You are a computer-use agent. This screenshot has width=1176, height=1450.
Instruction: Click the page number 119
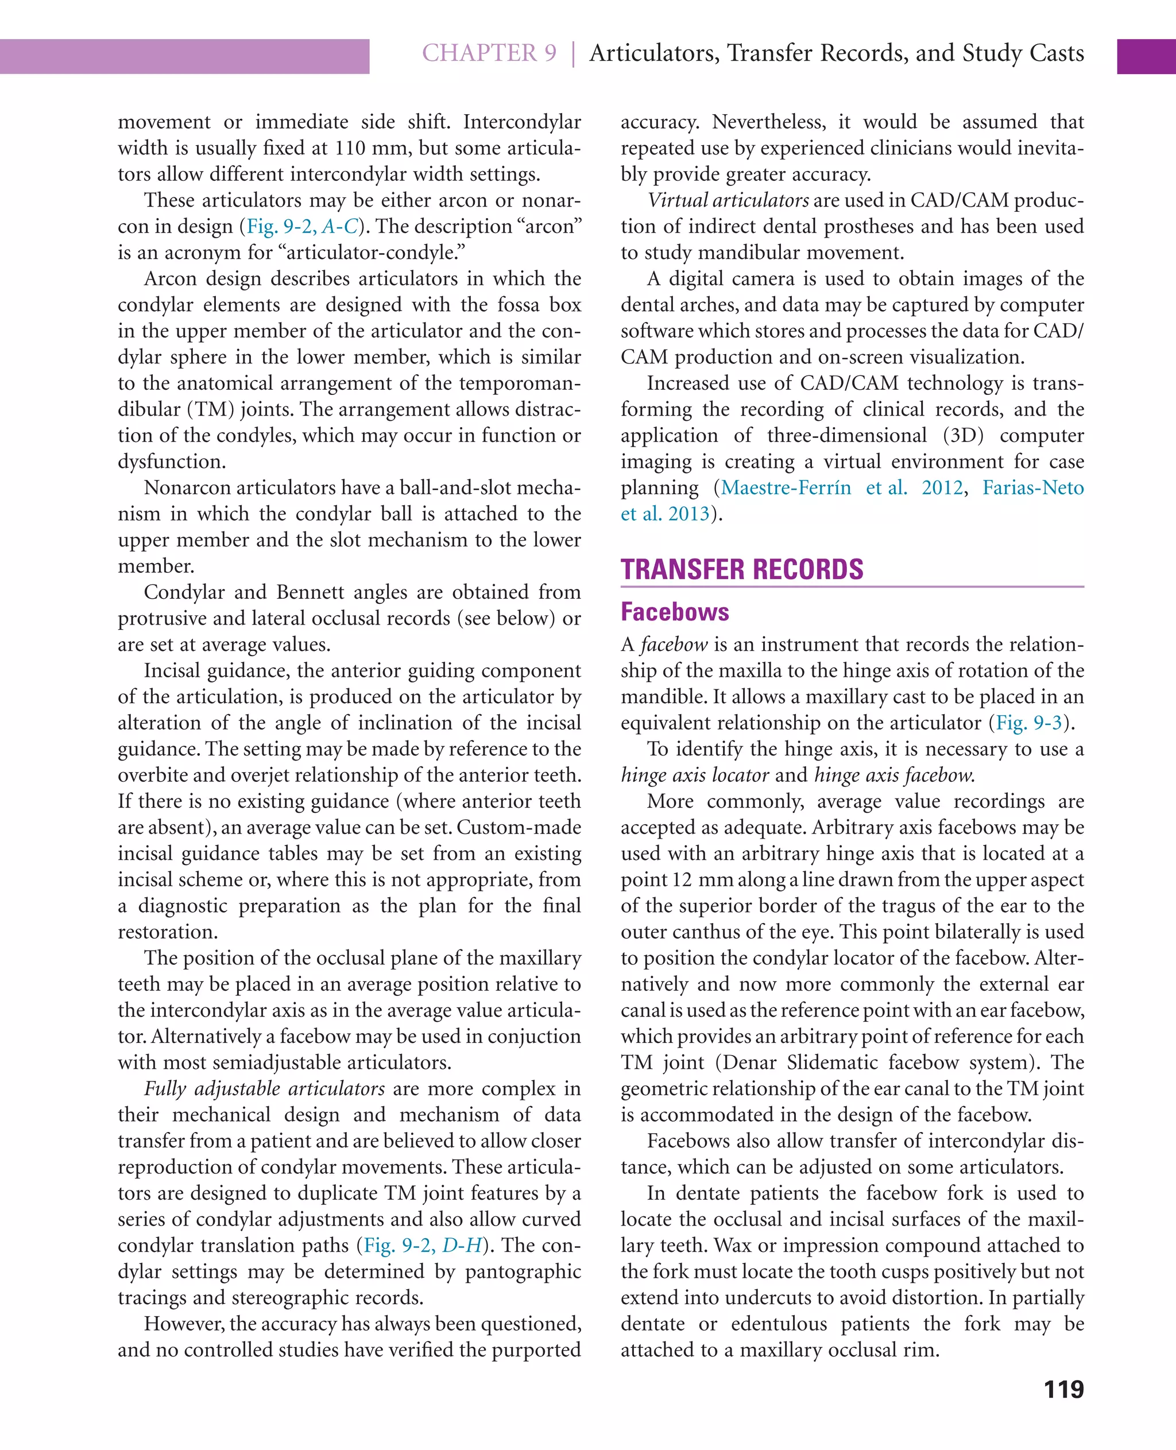coord(1063,1389)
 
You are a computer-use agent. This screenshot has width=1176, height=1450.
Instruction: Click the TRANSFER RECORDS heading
coord(742,569)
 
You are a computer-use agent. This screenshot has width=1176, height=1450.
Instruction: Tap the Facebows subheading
coord(675,611)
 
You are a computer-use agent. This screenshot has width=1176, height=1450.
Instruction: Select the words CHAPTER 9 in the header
coord(489,53)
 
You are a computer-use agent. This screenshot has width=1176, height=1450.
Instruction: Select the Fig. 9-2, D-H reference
coord(423,1245)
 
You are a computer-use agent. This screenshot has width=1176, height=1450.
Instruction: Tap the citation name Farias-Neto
coord(1032,487)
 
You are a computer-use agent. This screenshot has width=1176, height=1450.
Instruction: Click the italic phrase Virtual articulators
coord(728,200)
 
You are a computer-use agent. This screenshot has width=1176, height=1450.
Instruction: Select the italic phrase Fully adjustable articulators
coord(264,1088)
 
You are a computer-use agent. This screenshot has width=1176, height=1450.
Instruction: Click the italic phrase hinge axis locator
coord(694,775)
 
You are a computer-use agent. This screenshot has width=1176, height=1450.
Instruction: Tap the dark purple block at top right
coord(1146,56)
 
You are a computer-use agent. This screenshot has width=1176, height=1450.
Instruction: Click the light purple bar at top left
coord(184,56)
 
